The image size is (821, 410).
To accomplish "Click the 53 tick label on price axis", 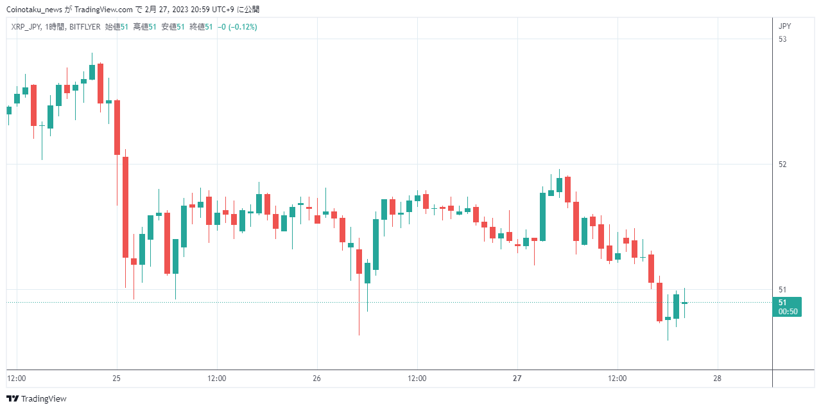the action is [782, 39].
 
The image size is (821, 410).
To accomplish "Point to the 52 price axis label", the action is [782, 165].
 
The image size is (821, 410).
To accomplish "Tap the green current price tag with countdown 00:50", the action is [787, 307].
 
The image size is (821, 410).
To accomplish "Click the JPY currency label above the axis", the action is [784, 26].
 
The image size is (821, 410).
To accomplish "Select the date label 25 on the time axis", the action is [117, 379].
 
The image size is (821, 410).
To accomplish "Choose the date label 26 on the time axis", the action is [316, 379].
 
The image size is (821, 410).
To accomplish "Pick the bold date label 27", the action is [517, 379].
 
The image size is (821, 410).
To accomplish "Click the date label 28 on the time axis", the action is [717, 379].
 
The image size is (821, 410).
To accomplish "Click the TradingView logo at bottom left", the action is [37, 398].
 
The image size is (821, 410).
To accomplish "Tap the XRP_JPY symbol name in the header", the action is [26, 27].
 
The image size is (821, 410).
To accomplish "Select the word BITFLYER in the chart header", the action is [85, 27].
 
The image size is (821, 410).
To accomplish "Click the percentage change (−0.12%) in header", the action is [243, 27].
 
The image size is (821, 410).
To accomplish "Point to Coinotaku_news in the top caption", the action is [34, 10].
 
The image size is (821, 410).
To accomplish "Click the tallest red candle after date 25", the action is [125, 208].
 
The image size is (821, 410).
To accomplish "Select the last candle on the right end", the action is [684, 303].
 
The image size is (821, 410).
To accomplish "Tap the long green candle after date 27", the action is [542, 217].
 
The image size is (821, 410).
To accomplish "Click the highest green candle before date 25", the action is [92, 72].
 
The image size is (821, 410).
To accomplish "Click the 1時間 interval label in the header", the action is [55, 27].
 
